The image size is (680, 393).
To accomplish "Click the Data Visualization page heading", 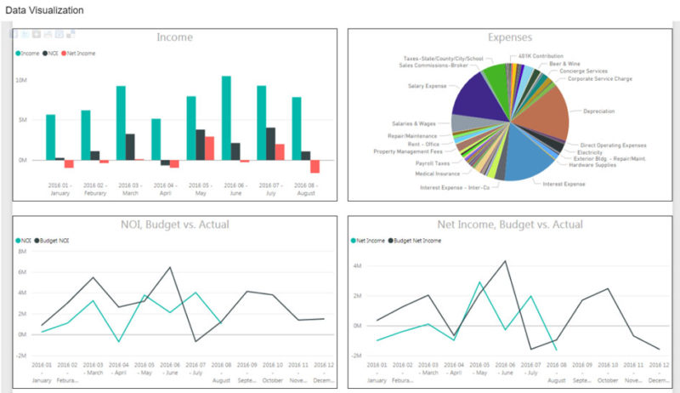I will tap(45, 10).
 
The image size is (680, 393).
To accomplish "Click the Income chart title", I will tap(174, 37).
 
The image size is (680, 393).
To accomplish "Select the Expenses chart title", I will tap(510, 37).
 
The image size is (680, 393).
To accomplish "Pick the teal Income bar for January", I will tap(50, 137).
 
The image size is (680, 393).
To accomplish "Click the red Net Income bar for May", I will tap(209, 148).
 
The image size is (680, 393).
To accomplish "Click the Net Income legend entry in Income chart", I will tap(80, 53).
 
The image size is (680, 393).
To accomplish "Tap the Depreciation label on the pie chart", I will tap(599, 111).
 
